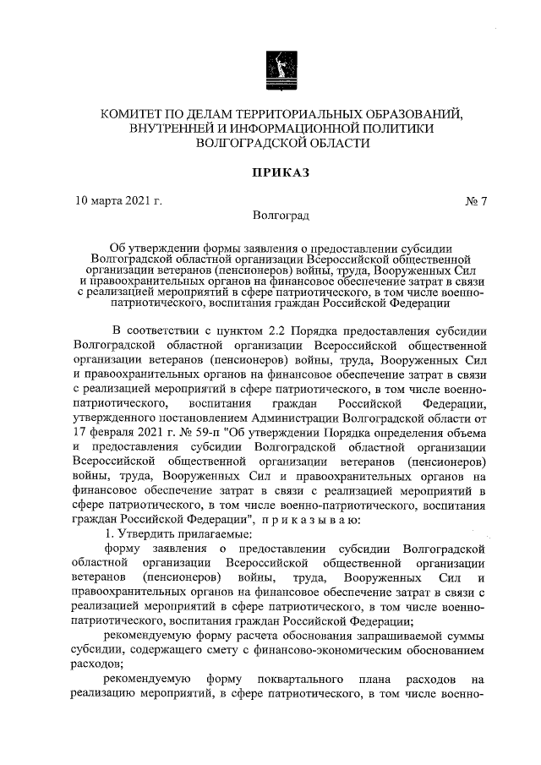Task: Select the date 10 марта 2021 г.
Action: coord(119,200)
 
